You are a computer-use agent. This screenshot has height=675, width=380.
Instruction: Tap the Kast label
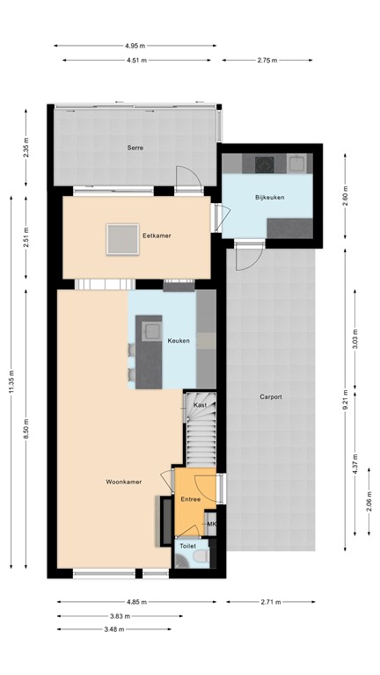201,405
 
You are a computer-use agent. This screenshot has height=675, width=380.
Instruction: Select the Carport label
271,397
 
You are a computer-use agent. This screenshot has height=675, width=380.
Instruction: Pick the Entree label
191,499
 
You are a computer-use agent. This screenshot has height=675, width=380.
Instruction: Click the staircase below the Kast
201,439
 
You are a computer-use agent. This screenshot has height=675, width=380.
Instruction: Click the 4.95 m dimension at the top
135,45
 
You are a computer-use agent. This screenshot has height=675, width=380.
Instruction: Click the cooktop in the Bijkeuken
264,163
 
